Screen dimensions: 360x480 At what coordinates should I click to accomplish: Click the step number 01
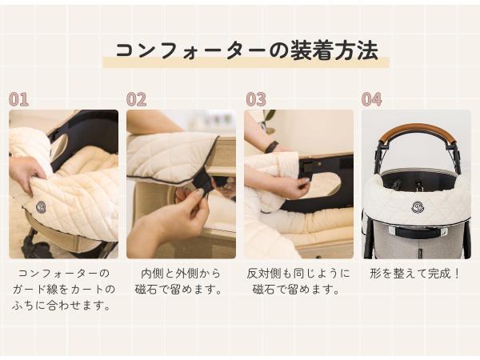[x=18, y=99]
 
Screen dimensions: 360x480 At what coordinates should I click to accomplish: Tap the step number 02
[x=137, y=99]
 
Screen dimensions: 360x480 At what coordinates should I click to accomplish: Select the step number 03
[x=255, y=99]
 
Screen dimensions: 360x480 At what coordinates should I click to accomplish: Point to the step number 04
[x=372, y=99]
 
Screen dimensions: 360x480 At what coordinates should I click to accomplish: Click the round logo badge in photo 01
[x=41, y=207]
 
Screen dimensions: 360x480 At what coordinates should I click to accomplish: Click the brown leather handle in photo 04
[x=416, y=130]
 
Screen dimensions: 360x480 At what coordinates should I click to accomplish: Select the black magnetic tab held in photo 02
[x=202, y=183]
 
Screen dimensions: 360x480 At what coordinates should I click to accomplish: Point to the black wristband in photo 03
[x=272, y=146]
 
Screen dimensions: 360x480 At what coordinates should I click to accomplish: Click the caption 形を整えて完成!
[x=416, y=273]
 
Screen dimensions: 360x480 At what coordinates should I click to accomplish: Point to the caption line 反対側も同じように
[x=298, y=273]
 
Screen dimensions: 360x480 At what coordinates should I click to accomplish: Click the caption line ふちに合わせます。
[x=63, y=305]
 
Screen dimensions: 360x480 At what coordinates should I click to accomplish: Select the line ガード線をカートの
[x=63, y=289]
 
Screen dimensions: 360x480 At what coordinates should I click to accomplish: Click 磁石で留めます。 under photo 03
[x=298, y=289]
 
